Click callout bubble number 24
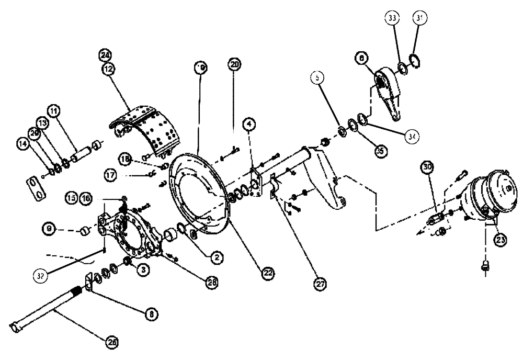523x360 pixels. tap(106, 55)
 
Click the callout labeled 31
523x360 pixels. tap(417, 18)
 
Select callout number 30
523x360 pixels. tap(428, 168)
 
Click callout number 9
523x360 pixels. tap(49, 228)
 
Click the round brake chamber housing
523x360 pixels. tap(489, 196)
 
